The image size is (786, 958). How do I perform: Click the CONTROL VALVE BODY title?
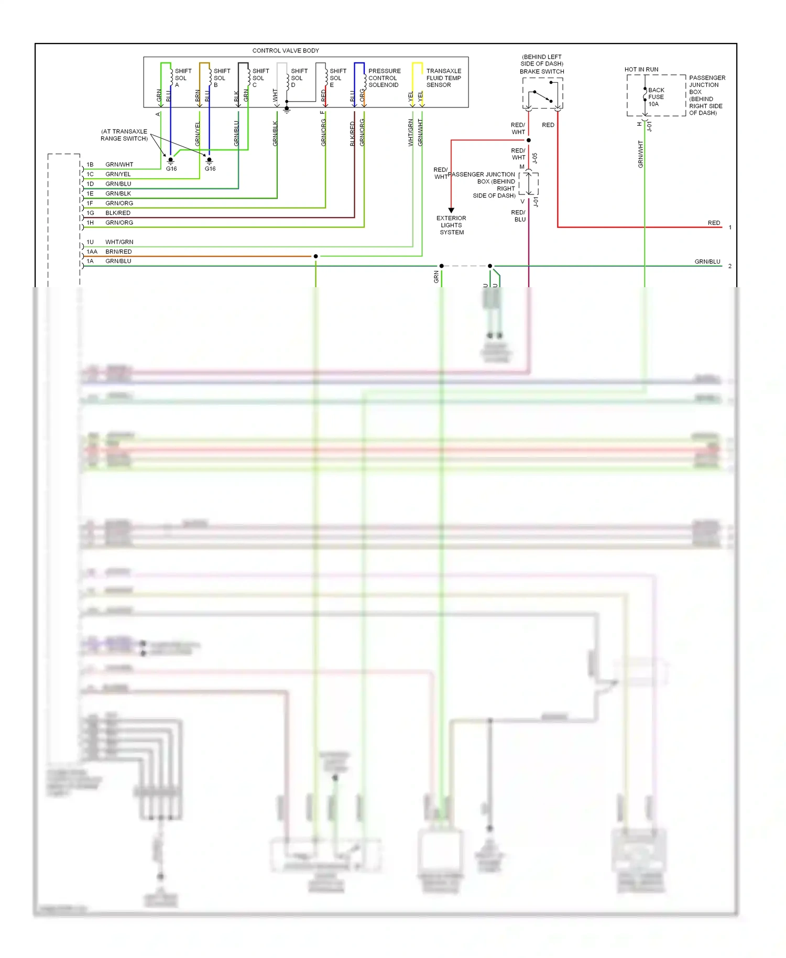click(286, 51)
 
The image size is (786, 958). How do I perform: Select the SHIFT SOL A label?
click(182, 78)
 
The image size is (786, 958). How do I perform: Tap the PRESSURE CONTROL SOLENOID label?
click(384, 78)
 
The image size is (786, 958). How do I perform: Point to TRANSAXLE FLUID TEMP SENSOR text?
click(443, 78)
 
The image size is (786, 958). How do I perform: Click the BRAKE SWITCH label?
click(542, 71)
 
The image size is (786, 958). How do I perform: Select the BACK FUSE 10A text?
click(656, 97)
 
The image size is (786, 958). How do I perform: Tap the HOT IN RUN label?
click(641, 69)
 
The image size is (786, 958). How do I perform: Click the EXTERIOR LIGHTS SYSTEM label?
click(451, 225)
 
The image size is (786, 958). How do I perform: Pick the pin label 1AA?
click(92, 252)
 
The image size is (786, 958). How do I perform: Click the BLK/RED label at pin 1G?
click(118, 213)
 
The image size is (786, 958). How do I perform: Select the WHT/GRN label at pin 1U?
click(119, 242)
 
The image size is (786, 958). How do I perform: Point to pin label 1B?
click(90, 165)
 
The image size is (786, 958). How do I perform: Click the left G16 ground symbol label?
click(171, 169)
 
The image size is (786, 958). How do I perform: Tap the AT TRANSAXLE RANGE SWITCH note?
click(124, 135)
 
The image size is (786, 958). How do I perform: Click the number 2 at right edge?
click(729, 266)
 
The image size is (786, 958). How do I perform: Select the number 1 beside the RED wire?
click(729, 227)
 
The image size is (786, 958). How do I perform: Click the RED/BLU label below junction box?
click(518, 216)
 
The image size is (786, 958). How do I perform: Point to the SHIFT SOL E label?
click(337, 78)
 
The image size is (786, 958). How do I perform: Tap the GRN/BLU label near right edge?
click(707, 262)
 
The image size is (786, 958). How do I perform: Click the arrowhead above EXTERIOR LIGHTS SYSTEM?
click(451, 210)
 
